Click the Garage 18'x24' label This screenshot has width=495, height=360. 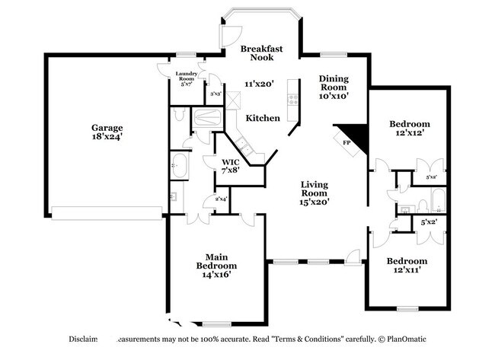click(108, 132)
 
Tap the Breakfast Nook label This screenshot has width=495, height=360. click(262, 53)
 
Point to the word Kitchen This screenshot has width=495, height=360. click(262, 118)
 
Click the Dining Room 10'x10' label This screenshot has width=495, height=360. click(334, 87)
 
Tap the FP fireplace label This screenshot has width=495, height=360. click(346, 142)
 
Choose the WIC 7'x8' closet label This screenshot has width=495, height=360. click(232, 167)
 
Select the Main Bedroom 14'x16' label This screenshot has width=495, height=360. click(216, 266)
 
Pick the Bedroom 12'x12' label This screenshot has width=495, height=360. click(409, 128)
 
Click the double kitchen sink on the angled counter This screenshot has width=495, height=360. click(244, 146)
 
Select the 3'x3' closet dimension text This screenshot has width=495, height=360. click(216, 93)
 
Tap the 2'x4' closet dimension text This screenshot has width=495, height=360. click(221, 199)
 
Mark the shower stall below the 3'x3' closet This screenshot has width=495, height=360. click(207, 117)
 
